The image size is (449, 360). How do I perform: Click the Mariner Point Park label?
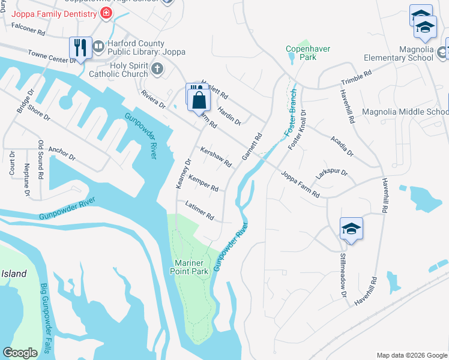pyautogui.click(x=191, y=268)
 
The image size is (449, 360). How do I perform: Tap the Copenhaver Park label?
pyautogui.click(x=300, y=53)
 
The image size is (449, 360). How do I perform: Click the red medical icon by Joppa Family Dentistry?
pyautogui.click(x=106, y=13)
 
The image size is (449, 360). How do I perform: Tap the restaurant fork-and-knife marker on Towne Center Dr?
pyautogui.click(x=80, y=47)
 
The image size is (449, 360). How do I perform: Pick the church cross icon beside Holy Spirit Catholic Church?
pyautogui.click(x=157, y=68)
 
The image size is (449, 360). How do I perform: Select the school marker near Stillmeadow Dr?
pyautogui.click(x=351, y=229)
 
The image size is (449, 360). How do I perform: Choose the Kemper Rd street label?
pyautogui.click(x=203, y=184)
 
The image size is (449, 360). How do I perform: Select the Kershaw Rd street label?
pyautogui.click(x=215, y=157)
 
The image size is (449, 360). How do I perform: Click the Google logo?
pyautogui.click(x=20, y=353)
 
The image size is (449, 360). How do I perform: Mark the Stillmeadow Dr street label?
pyautogui.click(x=345, y=278)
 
